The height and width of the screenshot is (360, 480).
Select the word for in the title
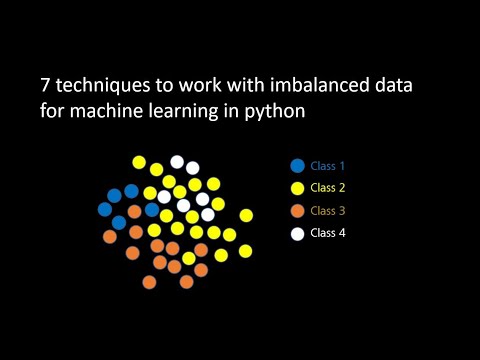[x=53, y=112]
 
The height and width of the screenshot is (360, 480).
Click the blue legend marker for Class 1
[x=297, y=166]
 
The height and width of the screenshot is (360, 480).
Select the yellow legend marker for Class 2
[x=297, y=188]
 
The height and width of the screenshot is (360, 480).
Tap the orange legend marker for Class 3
[x=297, y=211]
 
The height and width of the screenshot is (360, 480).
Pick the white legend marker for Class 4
[x=297, y=234]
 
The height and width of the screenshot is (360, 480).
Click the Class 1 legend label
[x=328, y=166]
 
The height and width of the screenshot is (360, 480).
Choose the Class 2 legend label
[x=328, y=188]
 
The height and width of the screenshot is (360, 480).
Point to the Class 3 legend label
[x=328, y=211]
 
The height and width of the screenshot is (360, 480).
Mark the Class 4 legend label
[x=328, y=234]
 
